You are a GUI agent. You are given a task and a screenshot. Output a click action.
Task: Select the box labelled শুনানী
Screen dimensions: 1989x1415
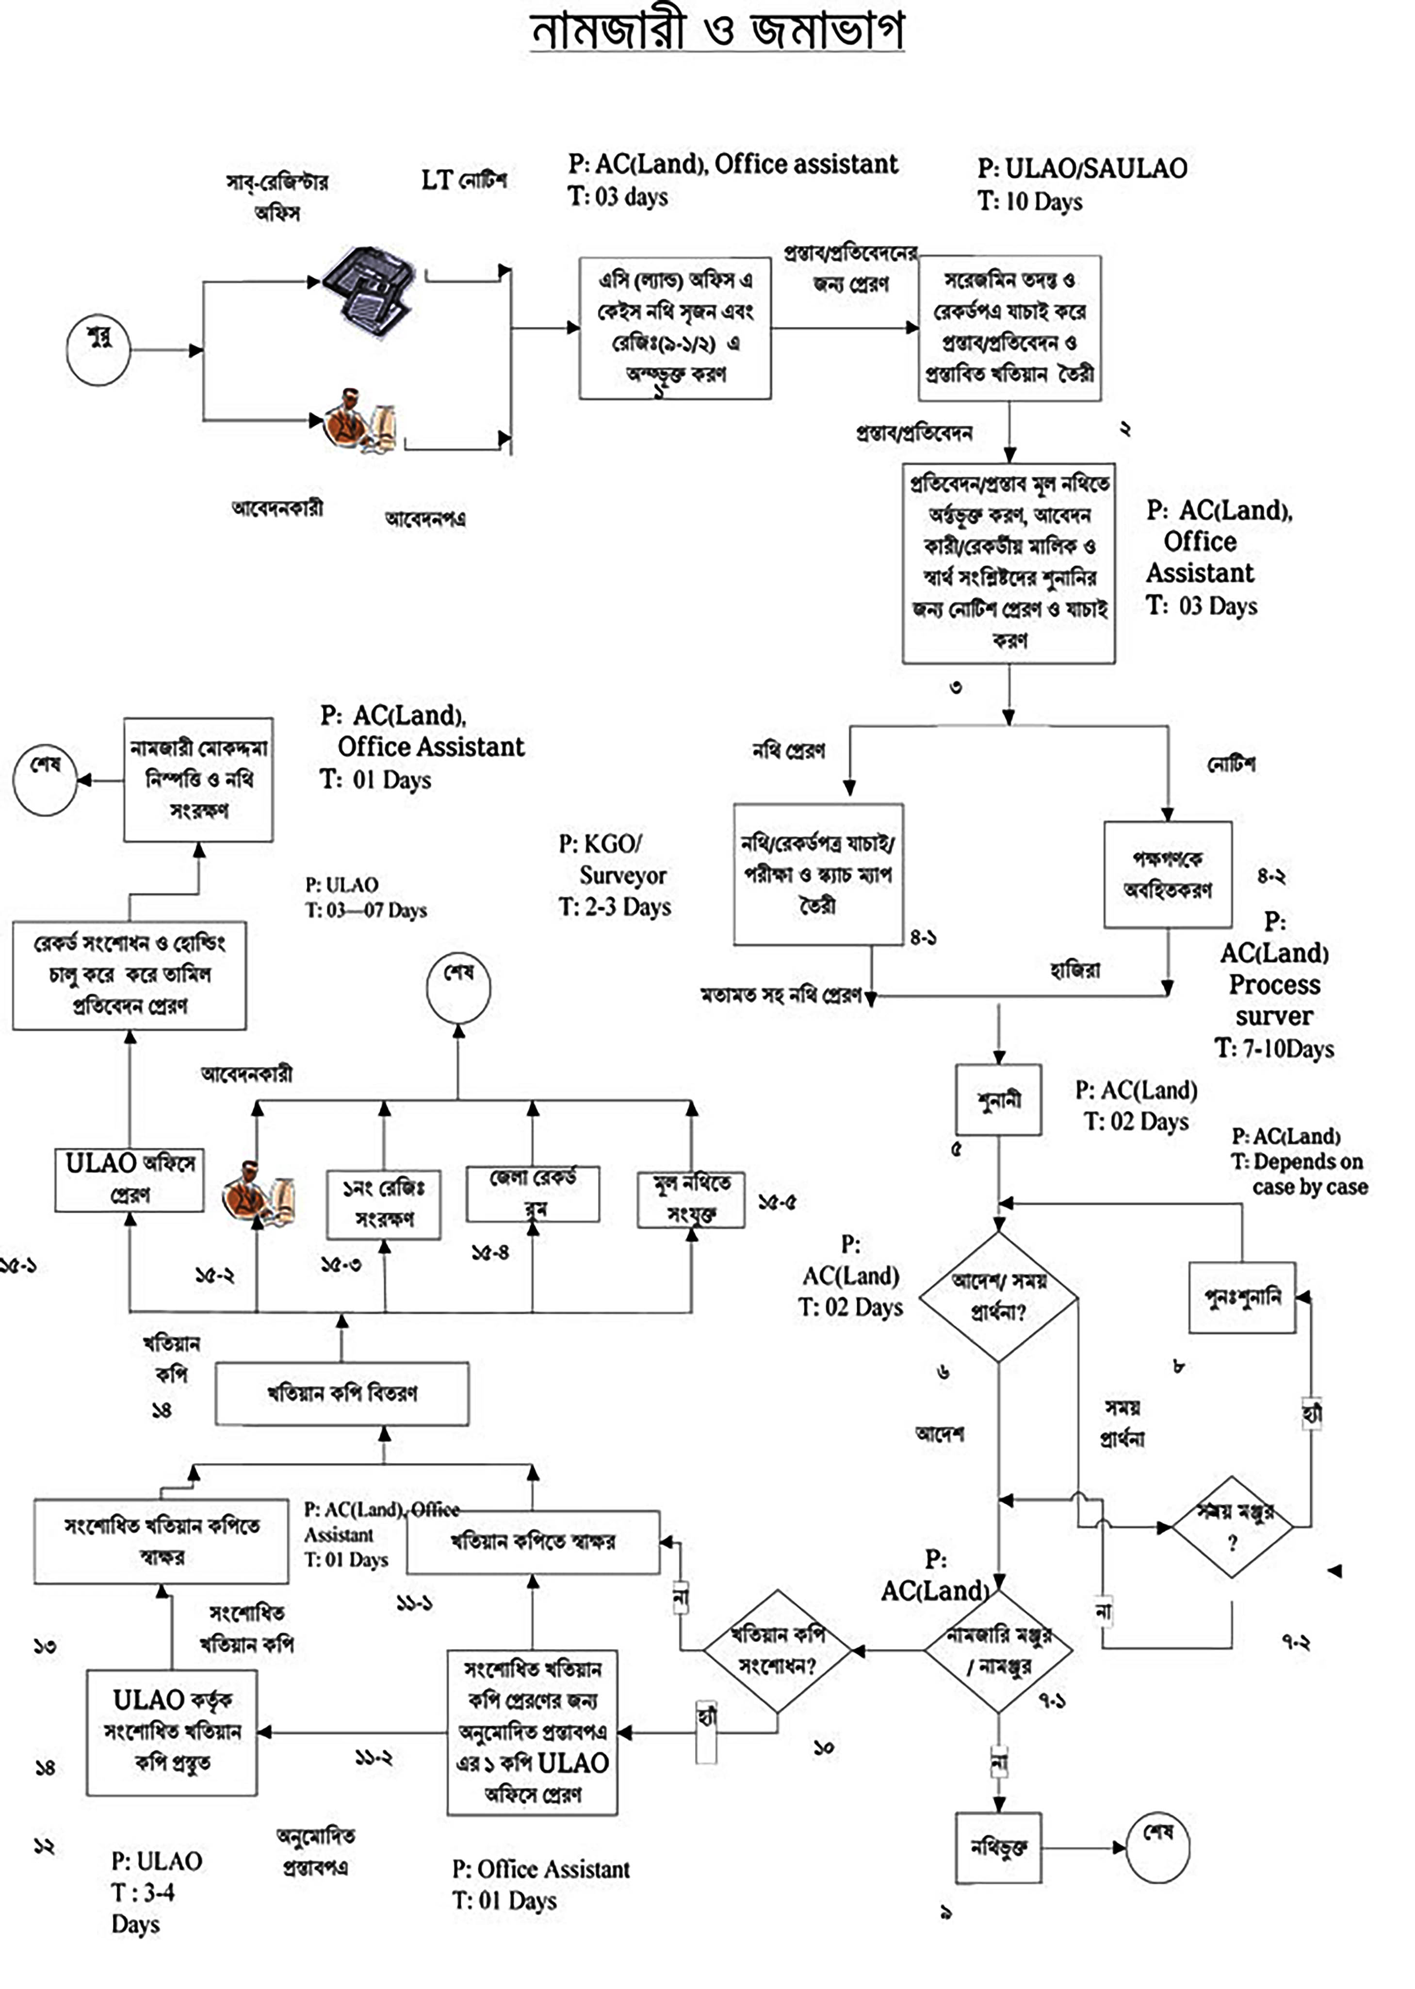tap(998, 1099)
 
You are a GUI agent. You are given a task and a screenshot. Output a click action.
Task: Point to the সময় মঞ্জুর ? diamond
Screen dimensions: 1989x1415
tap(1232, 1526)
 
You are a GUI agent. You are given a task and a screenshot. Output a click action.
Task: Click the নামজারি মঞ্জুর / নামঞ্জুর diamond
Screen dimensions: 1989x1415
tap(998, 1650)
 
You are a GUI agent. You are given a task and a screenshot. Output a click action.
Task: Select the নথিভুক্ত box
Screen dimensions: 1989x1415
tap(998, 1847)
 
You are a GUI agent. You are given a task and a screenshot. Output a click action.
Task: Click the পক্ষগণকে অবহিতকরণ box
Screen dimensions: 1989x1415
tap(1168, 874)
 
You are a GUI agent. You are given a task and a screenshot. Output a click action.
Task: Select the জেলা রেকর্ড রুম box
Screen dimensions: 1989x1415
tap(532, 1193)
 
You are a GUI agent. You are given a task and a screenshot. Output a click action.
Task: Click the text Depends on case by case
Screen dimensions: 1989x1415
tap(1309, 1174)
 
